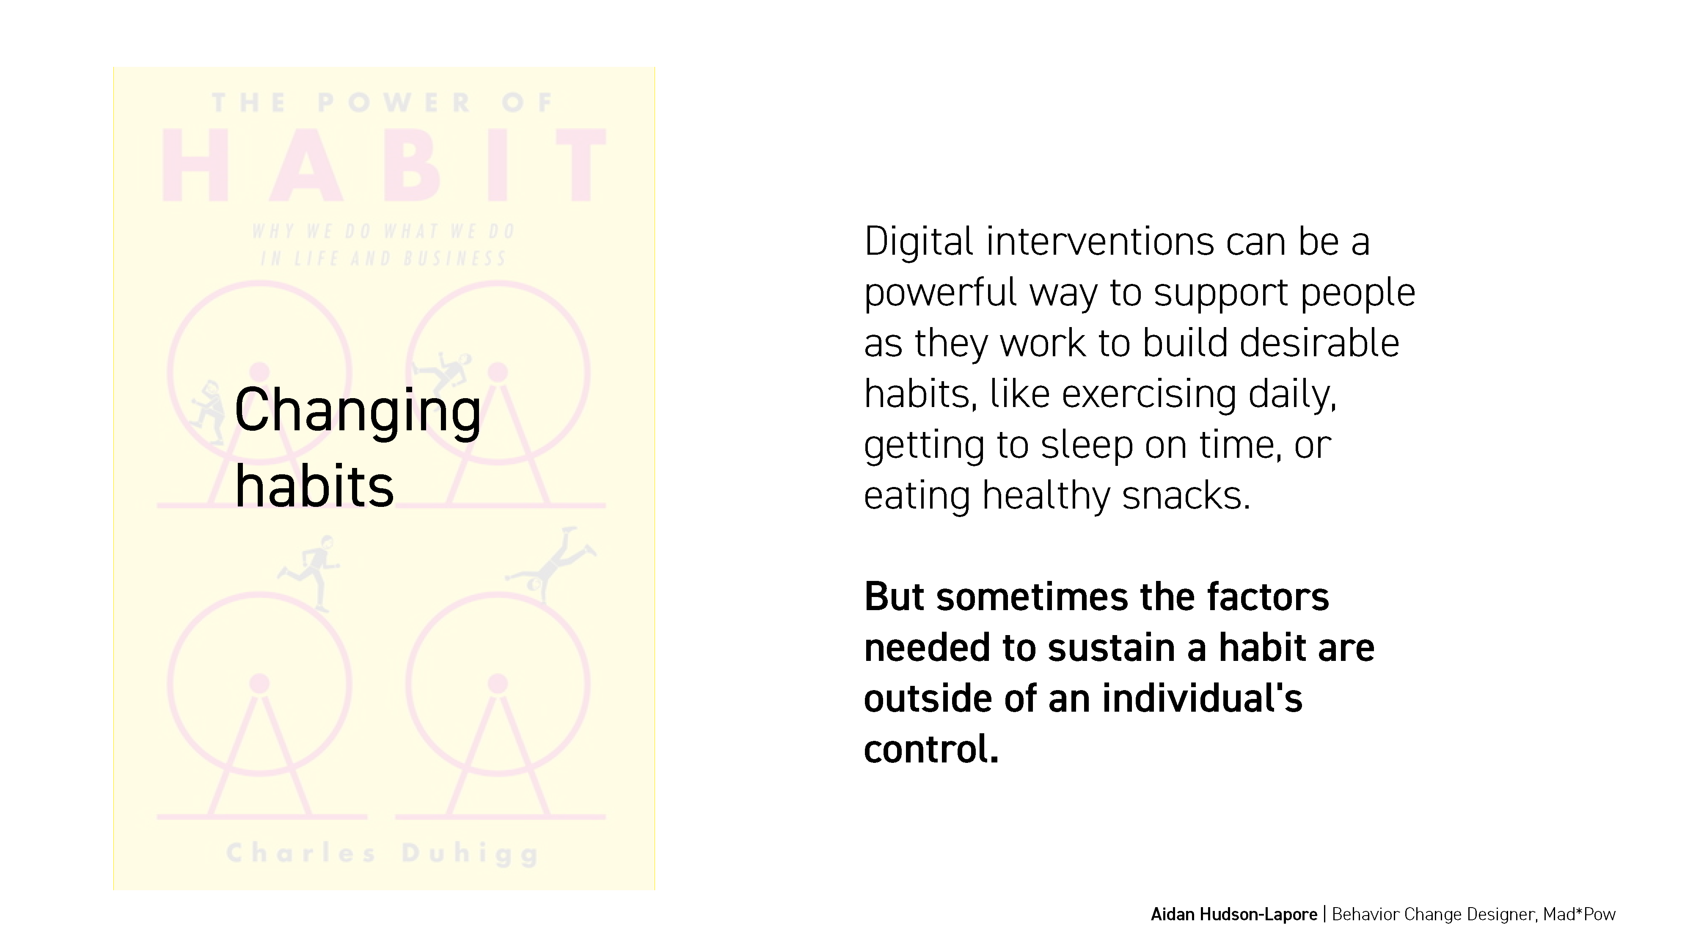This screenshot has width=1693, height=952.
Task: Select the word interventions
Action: click(1099, 241)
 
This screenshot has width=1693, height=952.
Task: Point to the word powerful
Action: click(941, 293)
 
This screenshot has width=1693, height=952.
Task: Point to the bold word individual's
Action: click(1202, 698)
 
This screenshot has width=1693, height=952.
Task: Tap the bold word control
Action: click(930, 748)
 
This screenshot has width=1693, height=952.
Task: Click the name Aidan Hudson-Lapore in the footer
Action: click(1233, 914)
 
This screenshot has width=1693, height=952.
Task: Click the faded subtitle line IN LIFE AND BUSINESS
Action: click(384, 258)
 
